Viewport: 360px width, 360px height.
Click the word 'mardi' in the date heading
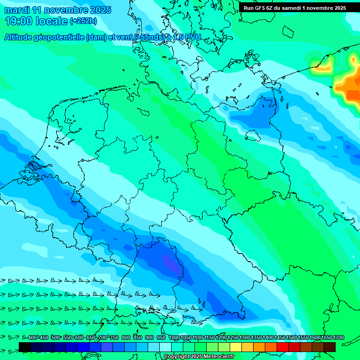(18, 10)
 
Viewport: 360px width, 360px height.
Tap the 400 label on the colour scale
(32, 338)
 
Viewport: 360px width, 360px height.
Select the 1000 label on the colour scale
(174, 338)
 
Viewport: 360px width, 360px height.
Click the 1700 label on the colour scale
(326, 338)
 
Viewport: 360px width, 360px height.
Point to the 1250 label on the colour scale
(233, 338)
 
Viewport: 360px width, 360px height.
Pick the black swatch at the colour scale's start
(25, 347)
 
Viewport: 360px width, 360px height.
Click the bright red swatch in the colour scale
(283, 347)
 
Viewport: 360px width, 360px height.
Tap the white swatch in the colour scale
(165, 347)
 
